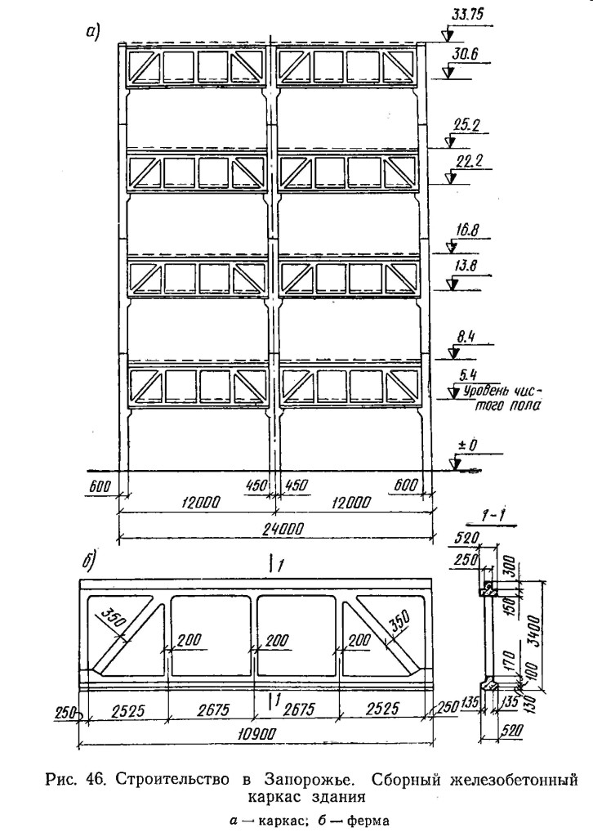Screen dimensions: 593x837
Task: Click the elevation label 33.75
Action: click(468, 15)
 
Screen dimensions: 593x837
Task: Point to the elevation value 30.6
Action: click(464, 54)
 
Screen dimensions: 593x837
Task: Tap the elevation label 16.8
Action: click(466, 230)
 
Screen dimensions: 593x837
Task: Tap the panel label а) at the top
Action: click(92, 33)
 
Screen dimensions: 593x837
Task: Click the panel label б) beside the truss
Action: click(88, 562)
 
